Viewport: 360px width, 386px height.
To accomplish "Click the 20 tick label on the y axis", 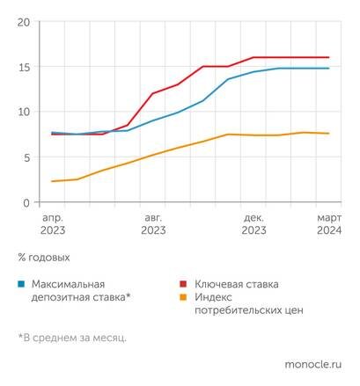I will (24, 21).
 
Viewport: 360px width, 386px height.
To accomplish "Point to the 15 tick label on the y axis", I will (24, 67).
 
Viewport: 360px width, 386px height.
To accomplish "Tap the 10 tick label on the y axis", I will (24, 112).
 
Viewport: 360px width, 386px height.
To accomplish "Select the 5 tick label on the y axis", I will (27, 157).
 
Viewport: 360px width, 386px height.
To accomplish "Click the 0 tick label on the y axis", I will (27, 202).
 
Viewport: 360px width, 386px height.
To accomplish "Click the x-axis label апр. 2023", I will (53, 222).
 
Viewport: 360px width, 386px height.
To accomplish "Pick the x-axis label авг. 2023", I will (153, 222).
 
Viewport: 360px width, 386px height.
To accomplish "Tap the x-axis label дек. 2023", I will (253, 222).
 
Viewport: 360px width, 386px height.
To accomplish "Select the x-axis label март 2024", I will (329, 222).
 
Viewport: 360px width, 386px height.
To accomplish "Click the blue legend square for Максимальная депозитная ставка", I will (20, 285).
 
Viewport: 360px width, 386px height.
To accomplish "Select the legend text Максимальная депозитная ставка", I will (81, 291).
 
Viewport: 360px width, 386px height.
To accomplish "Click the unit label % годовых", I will (43, 258).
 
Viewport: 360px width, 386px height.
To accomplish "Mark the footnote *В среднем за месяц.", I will (72, 337).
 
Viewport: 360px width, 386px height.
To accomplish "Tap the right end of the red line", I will (329, 57).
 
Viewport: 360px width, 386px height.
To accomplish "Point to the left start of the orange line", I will (53, 181).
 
